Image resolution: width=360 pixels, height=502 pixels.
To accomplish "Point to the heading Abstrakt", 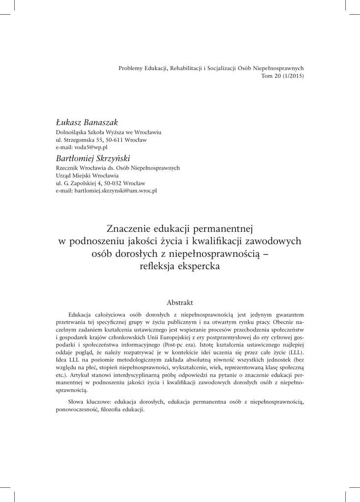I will tap(180, 302).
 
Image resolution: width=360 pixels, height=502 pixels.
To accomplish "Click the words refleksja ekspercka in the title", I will tap(180, 266).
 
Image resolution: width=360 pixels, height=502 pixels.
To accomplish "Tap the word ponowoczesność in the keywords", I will tap(76, 409).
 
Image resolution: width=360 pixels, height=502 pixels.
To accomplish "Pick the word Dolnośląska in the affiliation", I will tap(71, 132).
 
